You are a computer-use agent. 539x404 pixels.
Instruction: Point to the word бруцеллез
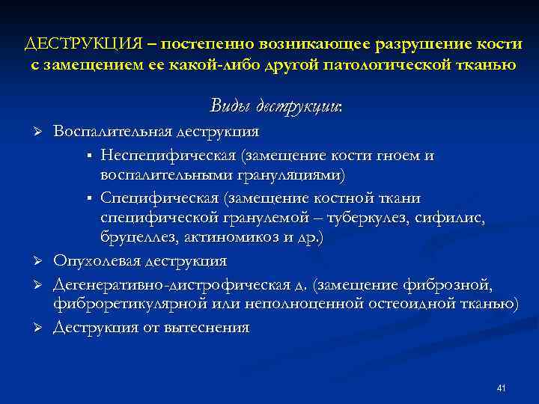[x=138, y=239]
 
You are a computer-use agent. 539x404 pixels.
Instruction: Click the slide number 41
[x=502, y=388]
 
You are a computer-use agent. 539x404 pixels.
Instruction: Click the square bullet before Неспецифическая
[x=88, y=156]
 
